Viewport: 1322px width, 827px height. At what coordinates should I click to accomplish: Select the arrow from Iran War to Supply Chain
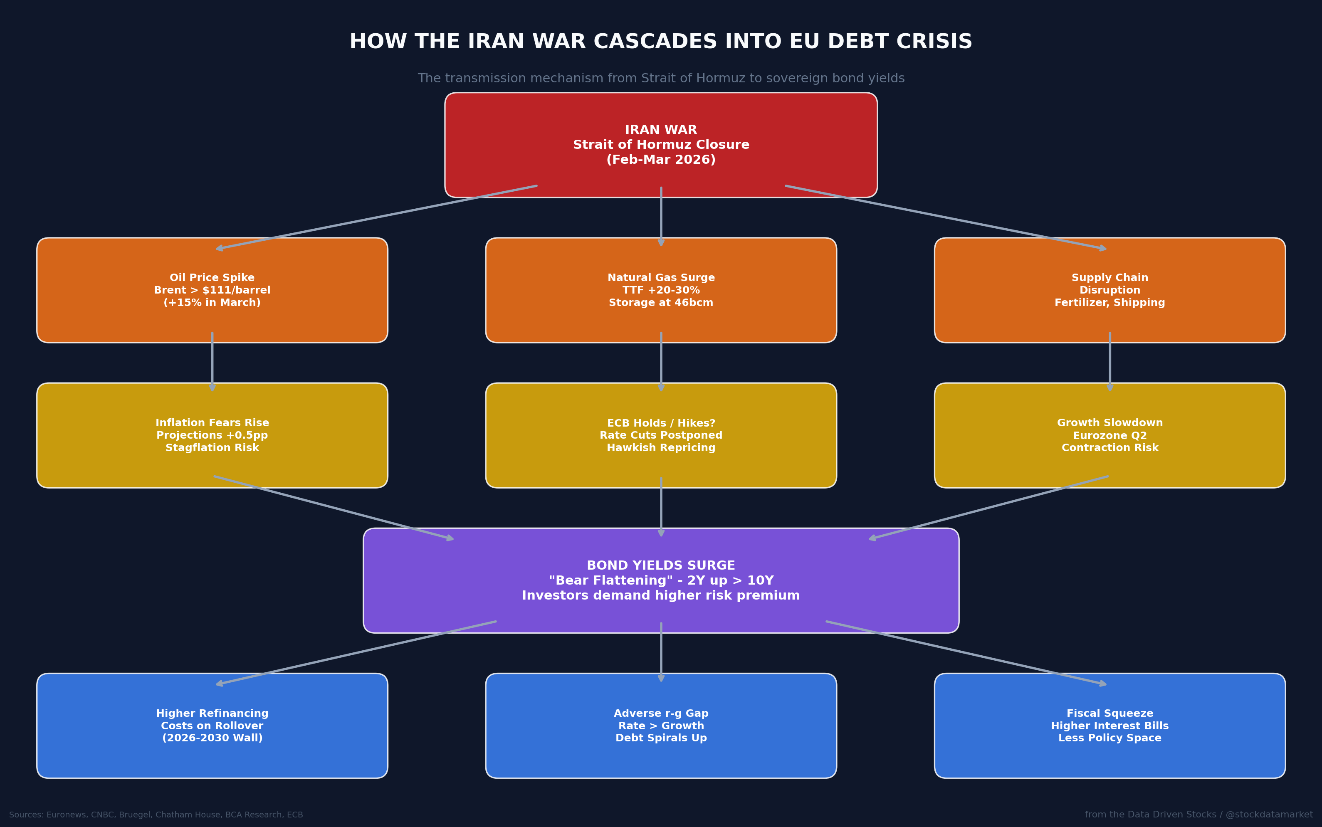pyautogui.click(x=946, y=218)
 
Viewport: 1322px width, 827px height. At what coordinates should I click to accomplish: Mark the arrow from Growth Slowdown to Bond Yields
pyautogui.click(x=989, y=508)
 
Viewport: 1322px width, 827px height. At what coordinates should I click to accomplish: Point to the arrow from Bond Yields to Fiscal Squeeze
pyautogui.click(x=966, y=652)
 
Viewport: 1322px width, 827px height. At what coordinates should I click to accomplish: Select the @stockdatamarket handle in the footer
pyautogui.click(x=1269, y=815)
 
